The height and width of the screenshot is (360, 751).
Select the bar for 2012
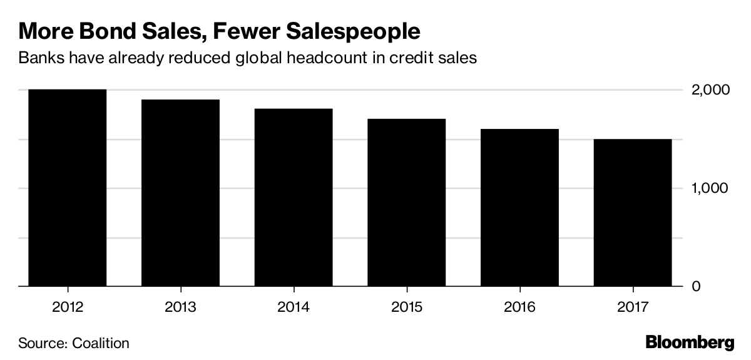coord(67,188)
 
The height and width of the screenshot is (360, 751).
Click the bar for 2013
coord(180,193)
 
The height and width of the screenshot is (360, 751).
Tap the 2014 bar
coord(293,197)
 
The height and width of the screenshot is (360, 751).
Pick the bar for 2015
coord(406,202)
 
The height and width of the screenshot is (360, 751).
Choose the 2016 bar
coord(519,207)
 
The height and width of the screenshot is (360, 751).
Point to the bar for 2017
coord(632,212)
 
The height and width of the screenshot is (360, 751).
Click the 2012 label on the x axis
coord(67,307)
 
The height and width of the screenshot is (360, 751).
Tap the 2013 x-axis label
coord(180,307)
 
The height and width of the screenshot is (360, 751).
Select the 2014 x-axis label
coord(293,307)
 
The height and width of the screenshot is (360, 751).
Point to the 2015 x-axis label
coord(406,307)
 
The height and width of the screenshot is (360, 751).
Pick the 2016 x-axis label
coord(519,307)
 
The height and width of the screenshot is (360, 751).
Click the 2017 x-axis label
coord(632,307)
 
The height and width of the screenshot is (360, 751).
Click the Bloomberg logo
coord(689,342)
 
